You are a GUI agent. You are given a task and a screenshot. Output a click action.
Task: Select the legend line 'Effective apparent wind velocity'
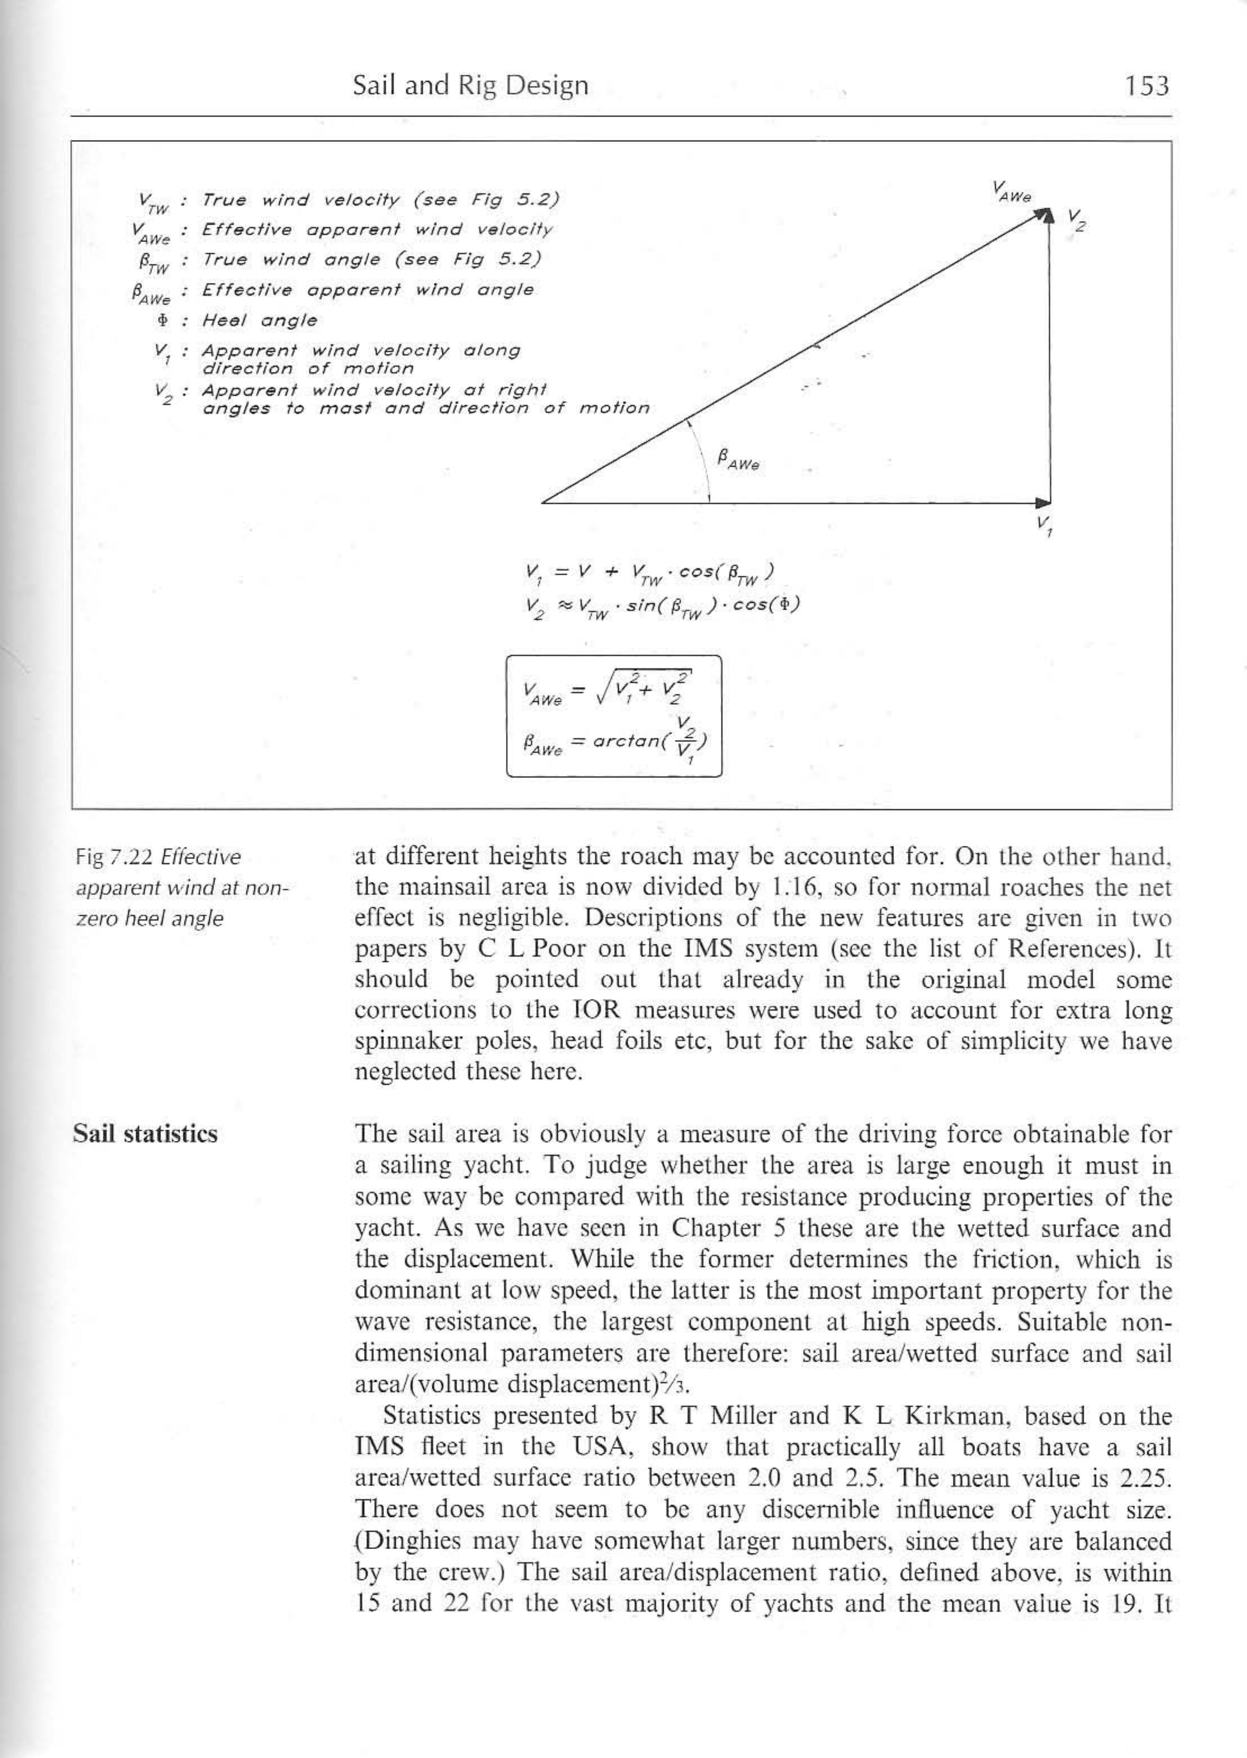(376, 230)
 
